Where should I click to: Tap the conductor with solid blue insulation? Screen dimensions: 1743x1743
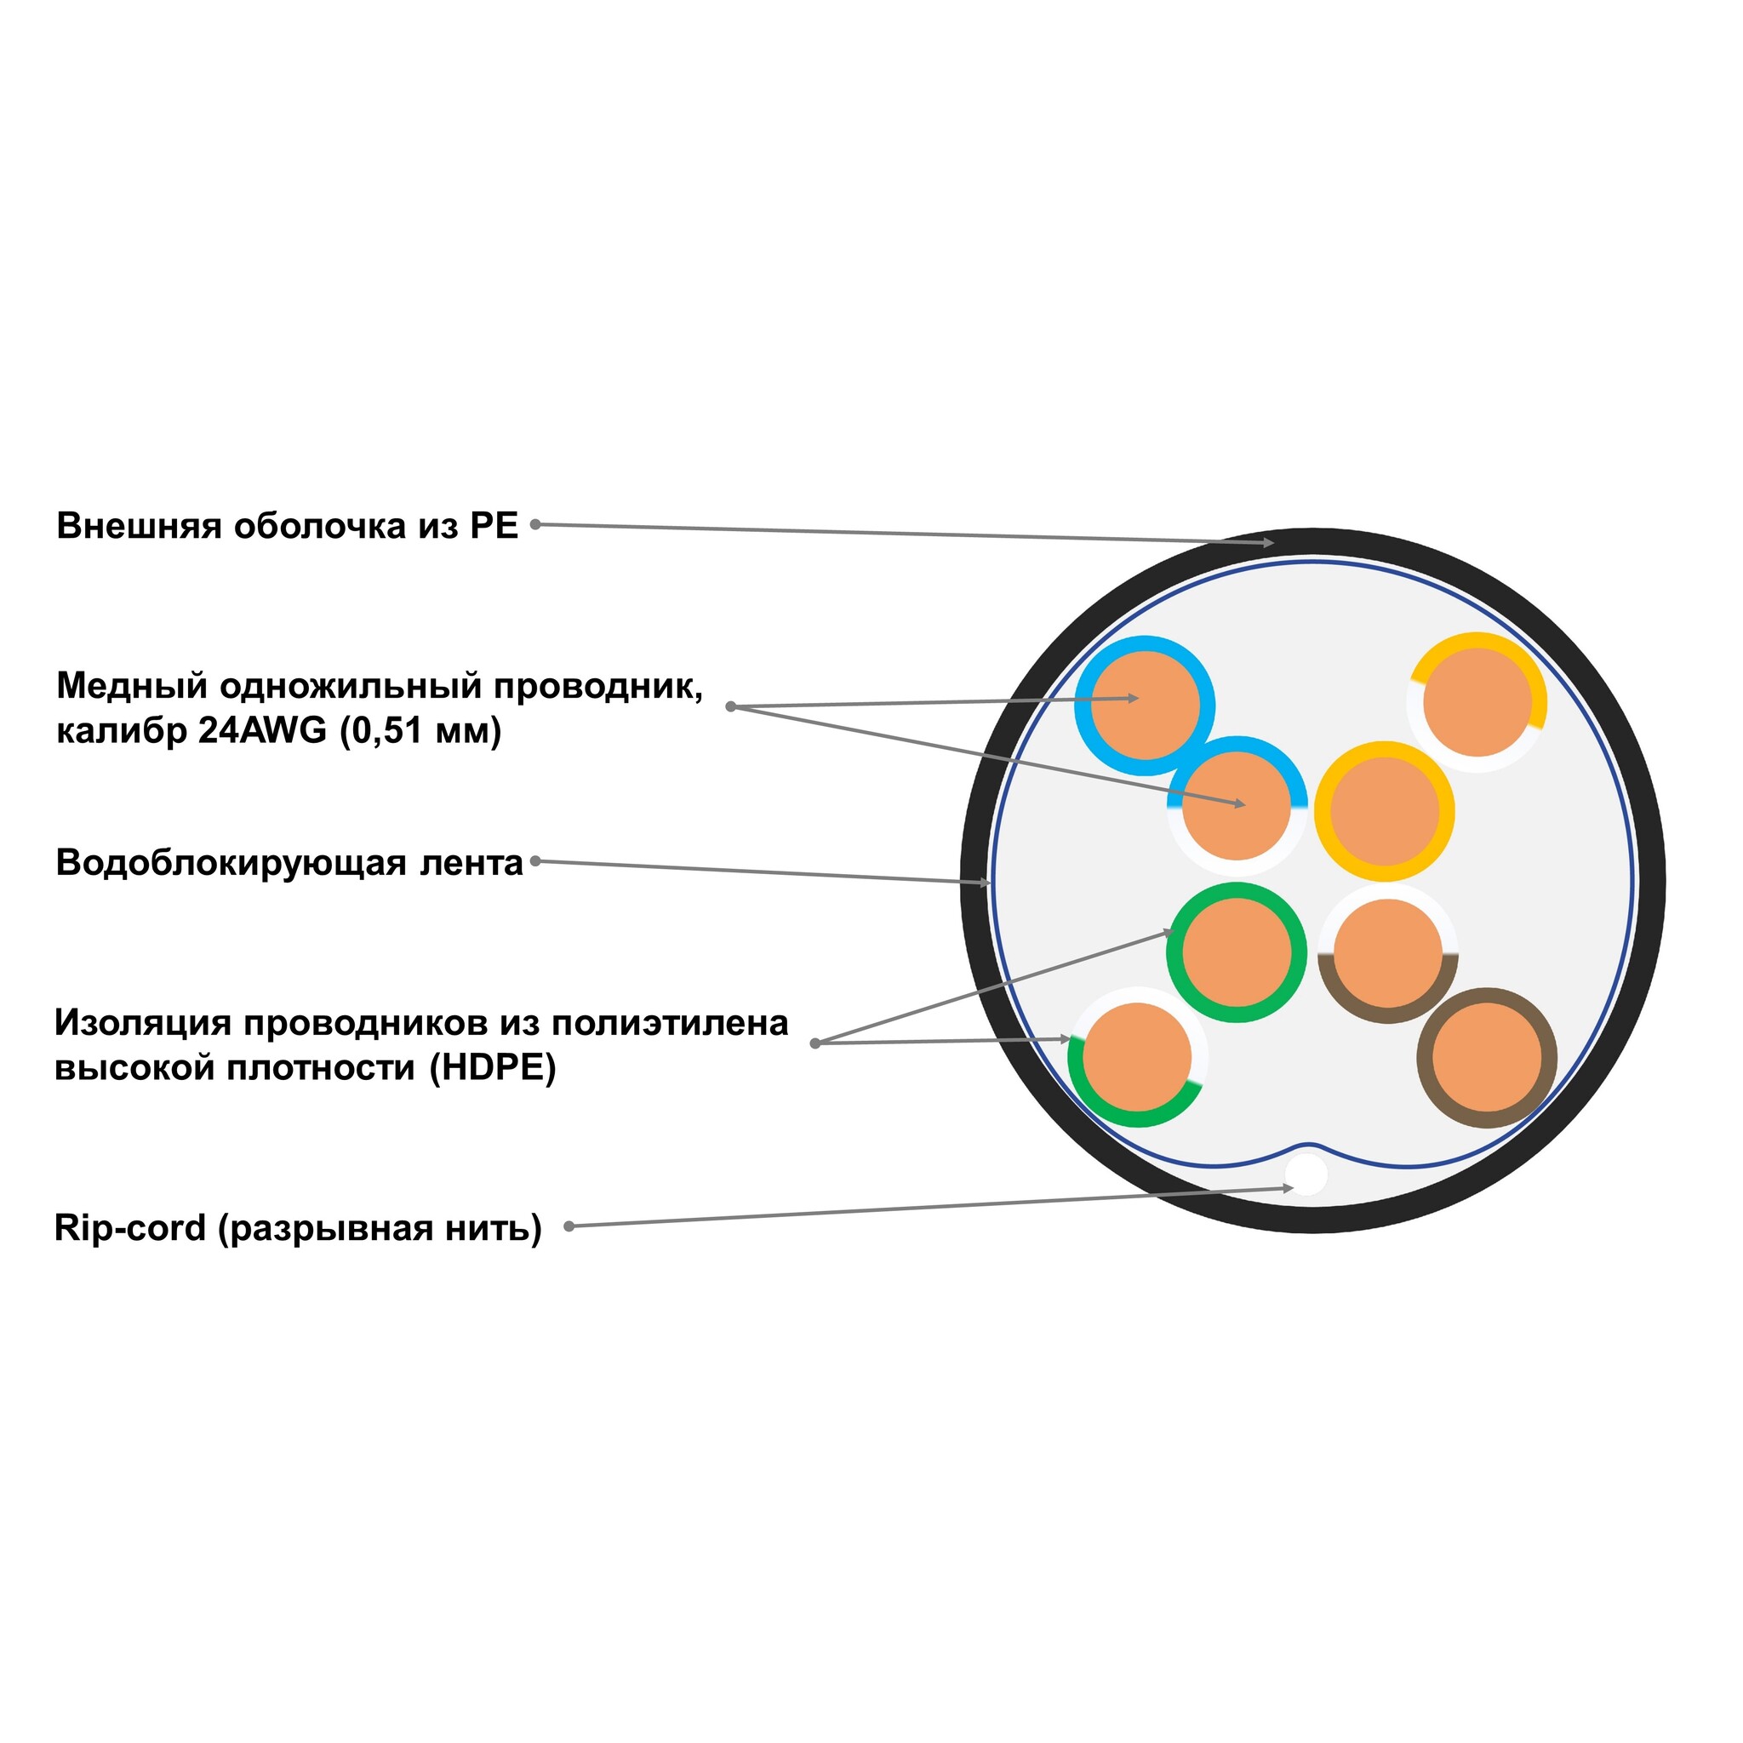click(1145, 706)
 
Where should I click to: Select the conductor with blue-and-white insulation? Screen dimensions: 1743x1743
click(1237, 806)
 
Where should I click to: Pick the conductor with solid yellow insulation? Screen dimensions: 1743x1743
click(1384, 811)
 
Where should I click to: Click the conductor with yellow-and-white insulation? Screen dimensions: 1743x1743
click(1477, 702)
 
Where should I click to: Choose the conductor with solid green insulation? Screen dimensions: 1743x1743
click(1236, 952)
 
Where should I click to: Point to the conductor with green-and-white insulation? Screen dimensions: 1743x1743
click(1138, 1056)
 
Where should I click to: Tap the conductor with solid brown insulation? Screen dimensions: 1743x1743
click(1487, 1057)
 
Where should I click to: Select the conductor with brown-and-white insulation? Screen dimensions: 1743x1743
click(1387, 953)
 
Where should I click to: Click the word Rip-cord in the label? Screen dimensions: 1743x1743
click(130, 1228)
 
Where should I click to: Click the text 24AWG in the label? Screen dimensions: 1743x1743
click(262, 730)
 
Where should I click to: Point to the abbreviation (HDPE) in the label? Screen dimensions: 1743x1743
click(493, 1067)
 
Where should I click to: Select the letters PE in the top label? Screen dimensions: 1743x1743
click(494, 525)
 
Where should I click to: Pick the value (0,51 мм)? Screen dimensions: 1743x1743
click(420, 731)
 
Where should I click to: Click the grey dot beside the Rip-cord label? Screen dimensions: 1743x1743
click(569, 1226)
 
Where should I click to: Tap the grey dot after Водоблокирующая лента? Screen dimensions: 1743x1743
click(535, 860)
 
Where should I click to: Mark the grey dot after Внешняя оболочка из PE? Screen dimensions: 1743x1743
click(535, 524)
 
